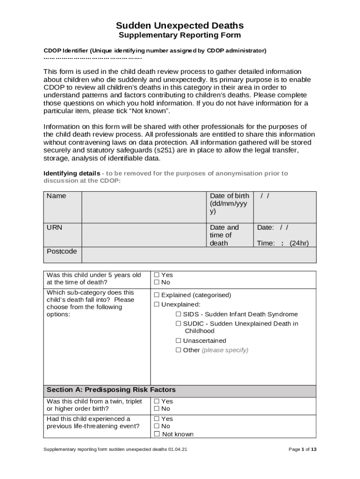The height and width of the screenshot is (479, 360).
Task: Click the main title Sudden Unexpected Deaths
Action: (x=180, y=25)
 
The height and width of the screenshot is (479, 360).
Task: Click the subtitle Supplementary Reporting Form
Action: (x=180, y=36)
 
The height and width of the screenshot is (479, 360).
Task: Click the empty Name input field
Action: (x=144, y=207)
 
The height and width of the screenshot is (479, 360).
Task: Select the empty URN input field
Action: (x=144, y=235)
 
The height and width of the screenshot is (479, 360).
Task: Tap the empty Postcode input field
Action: (x=199, y=255)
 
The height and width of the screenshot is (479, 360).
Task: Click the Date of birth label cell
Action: (x=230, y=204)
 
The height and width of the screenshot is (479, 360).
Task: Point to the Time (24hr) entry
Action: (x=282, y=243)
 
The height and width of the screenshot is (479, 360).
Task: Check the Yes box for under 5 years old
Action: (x=157, y=275)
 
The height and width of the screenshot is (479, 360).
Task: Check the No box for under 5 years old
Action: (x=157, y=283)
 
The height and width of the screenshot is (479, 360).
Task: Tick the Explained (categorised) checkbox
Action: (x=157, y=295)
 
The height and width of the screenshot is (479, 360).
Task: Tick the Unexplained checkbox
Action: (x=157, y=305)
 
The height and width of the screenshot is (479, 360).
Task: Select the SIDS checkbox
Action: (x=179, y=314)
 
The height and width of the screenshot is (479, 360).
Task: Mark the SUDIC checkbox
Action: (x=179, y=324)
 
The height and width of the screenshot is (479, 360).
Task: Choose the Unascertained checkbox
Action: (x=179, y=341)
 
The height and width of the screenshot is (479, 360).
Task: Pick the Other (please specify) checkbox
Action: (x=179, y=350)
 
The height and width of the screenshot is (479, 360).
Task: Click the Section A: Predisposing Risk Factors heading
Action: (x=111, y=390)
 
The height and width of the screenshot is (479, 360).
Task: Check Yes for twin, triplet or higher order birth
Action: (x=157, y=401)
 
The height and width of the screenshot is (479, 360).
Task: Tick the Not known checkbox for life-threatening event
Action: (x=157, y=434)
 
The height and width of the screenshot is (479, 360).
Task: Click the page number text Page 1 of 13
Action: (x=302, y=450)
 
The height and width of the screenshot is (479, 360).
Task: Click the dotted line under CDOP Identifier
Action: (x=92, y=58)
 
